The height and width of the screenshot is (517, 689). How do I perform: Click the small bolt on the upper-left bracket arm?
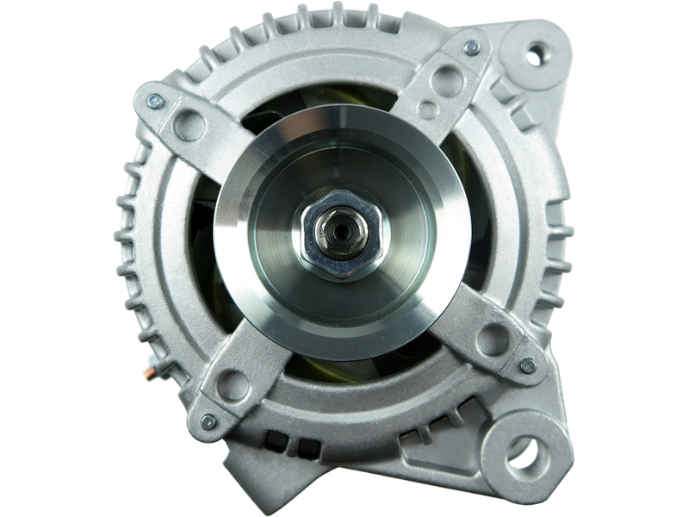click(x=153, y=102)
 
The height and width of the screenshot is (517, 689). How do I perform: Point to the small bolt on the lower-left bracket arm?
click(x=207, y=420)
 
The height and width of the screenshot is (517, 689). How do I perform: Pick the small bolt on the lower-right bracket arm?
click(x=528, y=365)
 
